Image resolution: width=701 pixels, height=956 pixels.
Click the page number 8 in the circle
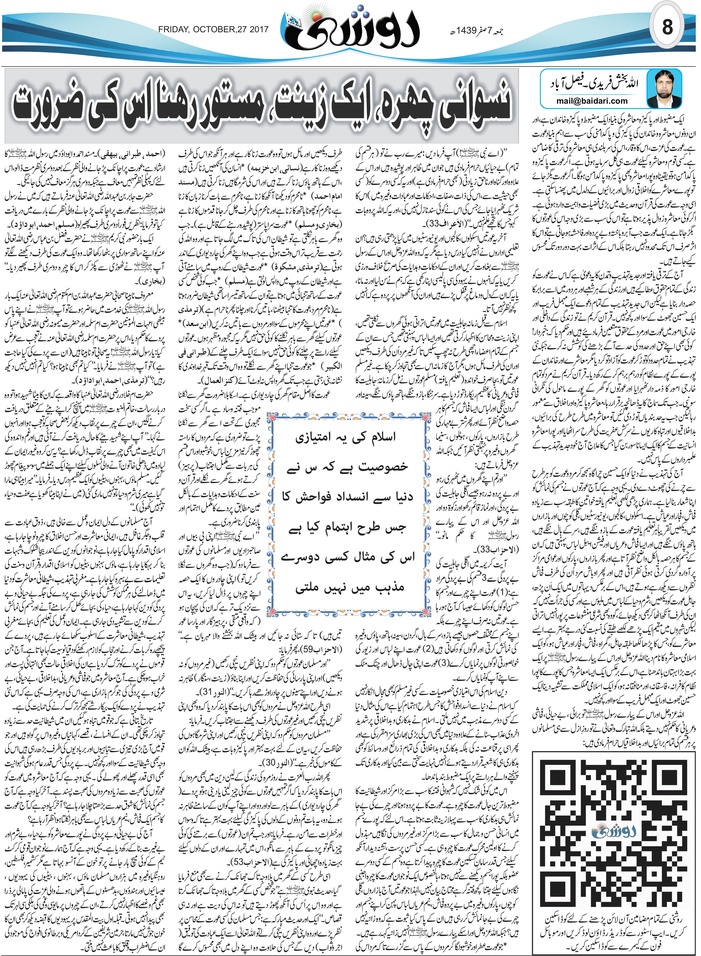(x=667, y=28)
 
